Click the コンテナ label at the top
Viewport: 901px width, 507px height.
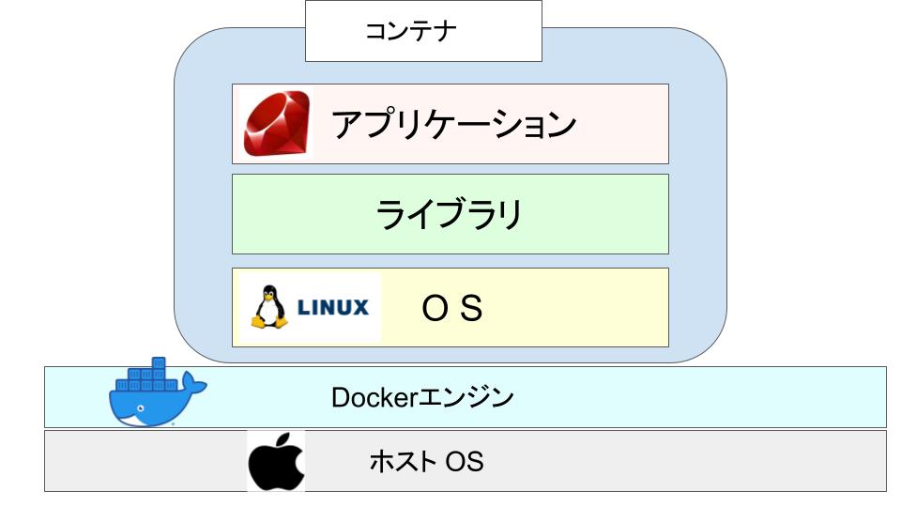(x=423, y=31)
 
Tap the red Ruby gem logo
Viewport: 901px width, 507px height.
(x=277, y=124)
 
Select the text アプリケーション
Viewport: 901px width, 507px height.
(x=453, y=124)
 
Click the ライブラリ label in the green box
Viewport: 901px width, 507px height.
(x=450, y=214)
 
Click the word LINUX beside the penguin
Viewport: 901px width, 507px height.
(x=333, y=307)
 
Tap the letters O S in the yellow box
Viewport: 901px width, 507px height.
(x=451, y=308)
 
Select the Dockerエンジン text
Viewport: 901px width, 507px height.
(x=423, y=397)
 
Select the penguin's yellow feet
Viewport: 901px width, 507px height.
(x=268, y=324)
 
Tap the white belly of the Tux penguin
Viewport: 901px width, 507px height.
(x=268, y=312)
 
